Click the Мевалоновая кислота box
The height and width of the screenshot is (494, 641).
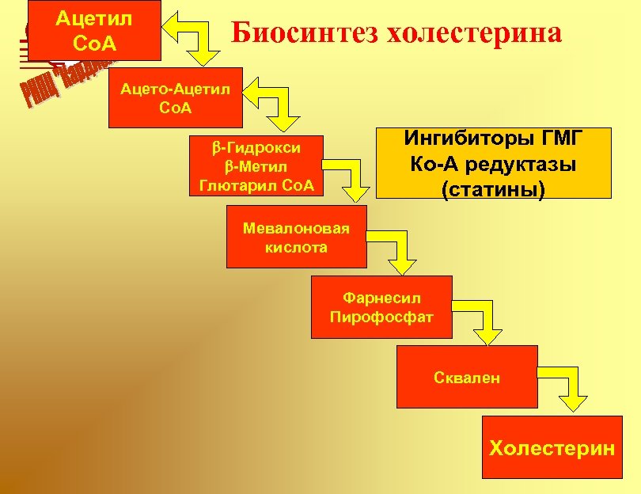coord(296,237)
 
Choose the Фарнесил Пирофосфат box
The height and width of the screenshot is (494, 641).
coord(381,307)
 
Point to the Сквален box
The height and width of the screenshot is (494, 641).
coord(467,377)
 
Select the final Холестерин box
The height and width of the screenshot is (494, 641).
coord(552,447)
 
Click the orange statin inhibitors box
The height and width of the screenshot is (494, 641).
coord(494,164)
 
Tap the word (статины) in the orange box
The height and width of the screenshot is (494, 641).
coord(494,190)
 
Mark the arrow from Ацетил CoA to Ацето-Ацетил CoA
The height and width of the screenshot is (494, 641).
coord(198,40)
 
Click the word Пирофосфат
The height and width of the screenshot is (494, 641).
coord(381,317)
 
